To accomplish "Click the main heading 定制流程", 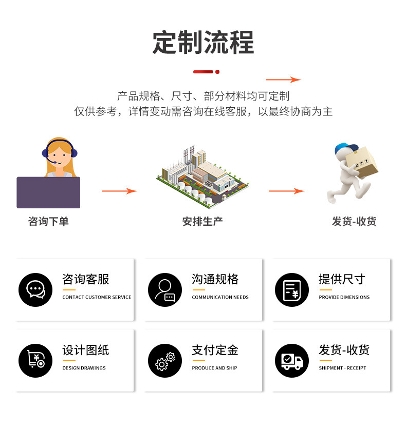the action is click(x=203, y=43).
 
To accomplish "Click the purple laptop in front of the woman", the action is click(x=48, y=192).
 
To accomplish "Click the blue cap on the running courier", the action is click(x=340, y=149).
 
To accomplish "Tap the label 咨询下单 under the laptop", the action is click(x=48, y=222).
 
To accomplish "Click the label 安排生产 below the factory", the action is click(x=202, y=222).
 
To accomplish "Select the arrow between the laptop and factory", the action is click(x=119, y=191).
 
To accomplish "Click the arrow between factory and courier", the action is click(x=287, y=191).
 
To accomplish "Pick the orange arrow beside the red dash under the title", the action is click(x=283, y=80).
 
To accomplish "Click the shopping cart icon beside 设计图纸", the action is click(x=35, y=360).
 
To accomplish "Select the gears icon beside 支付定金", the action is click(x=165, y=361).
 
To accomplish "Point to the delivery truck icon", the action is click(x=292, y=361).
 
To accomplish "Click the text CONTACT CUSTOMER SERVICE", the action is click(x=97, y=297).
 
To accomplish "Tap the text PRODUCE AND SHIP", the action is click(x=214, y=368).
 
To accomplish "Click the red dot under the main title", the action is click(x=217, y=72).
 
